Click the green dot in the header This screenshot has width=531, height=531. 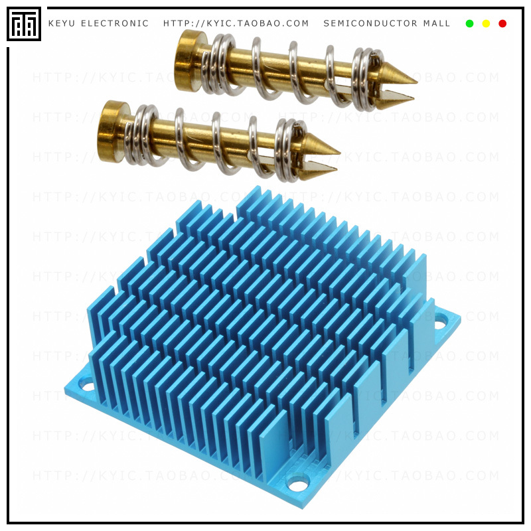(x=469, y=24)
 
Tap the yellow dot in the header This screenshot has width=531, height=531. (x=486, y=24)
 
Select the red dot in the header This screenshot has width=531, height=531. (x=502, y=24)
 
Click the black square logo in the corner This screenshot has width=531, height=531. (x=24, y=24)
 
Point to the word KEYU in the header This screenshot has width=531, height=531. (x=61, y=24)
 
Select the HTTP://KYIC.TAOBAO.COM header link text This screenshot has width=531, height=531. (x=236, y=24)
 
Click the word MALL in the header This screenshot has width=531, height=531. (x=437, y=24)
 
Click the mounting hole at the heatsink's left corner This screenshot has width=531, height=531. (x=87, y=383)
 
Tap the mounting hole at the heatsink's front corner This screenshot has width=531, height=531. (x=298, y=483)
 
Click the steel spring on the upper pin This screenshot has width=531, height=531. (x=292, y=73)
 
